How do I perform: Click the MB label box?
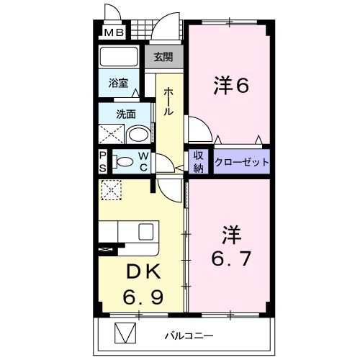(x=114, y=32)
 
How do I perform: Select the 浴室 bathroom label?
(x=118, y=84)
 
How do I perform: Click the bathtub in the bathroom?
(x=120, y=57)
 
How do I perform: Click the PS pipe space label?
(x=103, y=161)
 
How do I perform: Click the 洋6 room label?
(x=230, y=86)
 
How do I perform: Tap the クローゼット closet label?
(x=241, y=162)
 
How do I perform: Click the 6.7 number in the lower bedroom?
(x=230, y=258)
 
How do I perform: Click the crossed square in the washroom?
(x=111, y=134)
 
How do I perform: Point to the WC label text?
(x=144, y=161)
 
